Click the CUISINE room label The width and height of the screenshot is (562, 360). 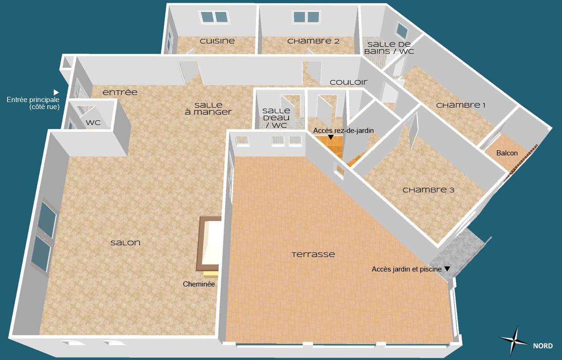[217, 41]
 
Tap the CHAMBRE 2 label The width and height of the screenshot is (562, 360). [313, 41]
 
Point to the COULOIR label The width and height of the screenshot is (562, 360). [348, 82]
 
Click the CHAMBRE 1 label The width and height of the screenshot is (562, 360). [460, 105]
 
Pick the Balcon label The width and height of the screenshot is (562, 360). [507, 153]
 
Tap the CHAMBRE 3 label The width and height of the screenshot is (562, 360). [429, 190]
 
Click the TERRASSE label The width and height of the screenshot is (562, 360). [313, 255]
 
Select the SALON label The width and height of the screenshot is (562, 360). [125, 243]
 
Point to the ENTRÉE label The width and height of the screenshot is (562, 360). [120, 93]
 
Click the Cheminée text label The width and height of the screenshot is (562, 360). [199, 284]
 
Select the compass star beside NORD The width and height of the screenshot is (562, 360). [515, 341]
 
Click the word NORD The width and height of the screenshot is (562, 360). [542, 346]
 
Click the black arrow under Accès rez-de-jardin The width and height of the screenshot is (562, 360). [331, 138]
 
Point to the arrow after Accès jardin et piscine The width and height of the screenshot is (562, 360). [447, 269]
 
